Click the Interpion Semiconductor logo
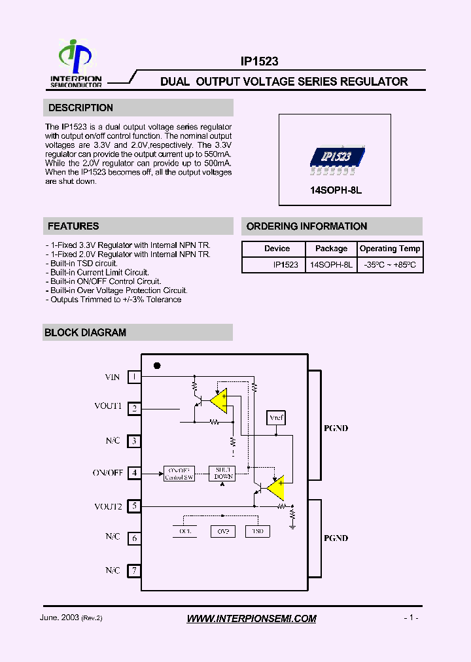tap(76, 63)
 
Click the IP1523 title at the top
tap(259, 61)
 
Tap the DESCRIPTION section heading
tap(80, 108)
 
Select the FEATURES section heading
tap(73, 226)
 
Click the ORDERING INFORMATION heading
tap(306, 226)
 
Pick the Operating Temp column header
tap(390, 249)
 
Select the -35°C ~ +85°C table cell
tap(390, 265)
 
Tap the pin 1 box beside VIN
tap(134, 377)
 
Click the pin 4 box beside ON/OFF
tap(134, 472)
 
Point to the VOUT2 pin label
tap(108, 506)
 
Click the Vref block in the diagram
tap(276, 417)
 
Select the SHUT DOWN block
tap(223, 474)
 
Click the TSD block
tap(258, 531)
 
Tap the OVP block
tap(222, 531)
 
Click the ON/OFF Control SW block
tap(179, 474)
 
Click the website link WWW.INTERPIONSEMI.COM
tap(251, 618)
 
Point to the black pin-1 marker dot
tap(157, 366)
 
